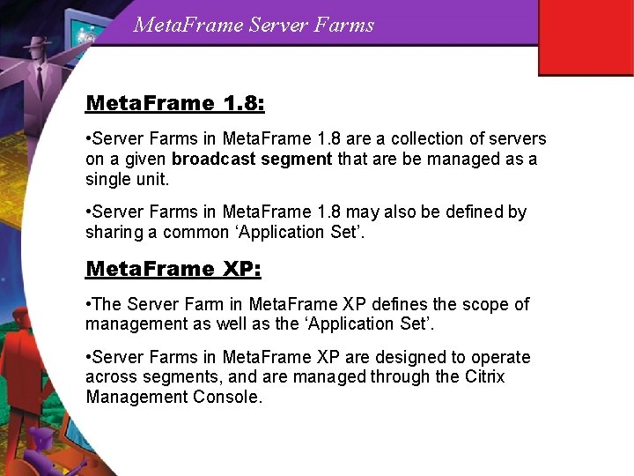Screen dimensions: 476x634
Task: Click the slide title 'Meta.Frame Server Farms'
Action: click(254, 25)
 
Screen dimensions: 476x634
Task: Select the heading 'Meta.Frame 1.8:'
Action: click(174, 104)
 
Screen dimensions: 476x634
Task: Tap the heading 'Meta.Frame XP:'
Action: click(173, 270)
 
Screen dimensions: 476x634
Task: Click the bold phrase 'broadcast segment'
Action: click(252, 160)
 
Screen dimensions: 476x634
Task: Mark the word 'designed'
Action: click(411, 357)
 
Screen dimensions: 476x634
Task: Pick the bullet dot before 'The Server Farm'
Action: click(88, 304)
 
